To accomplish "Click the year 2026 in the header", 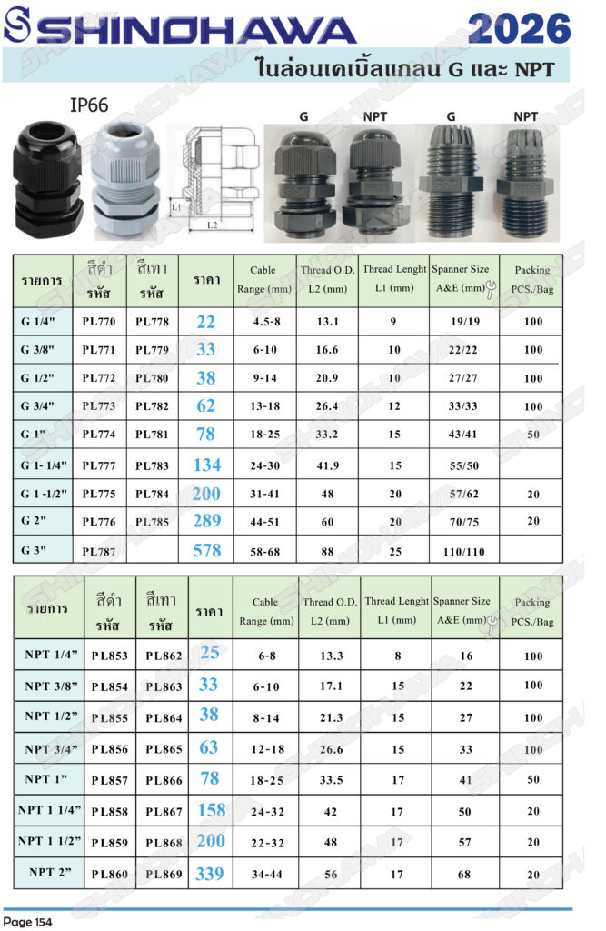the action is [x=520, y=28].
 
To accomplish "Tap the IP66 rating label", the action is [x=89, y=105].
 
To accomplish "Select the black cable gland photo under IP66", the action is [x=47, y=178].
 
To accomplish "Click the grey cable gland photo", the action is [x=125, y=179].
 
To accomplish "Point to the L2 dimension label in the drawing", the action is [x=212, y=225].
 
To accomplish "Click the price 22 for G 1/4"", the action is [x=206, y=322].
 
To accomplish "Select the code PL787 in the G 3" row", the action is [x=98, y=552].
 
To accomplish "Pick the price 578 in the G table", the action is [x=206, y=550].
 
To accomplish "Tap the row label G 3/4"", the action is [x=37, y=406].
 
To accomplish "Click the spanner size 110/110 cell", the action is [x=463, y=552].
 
